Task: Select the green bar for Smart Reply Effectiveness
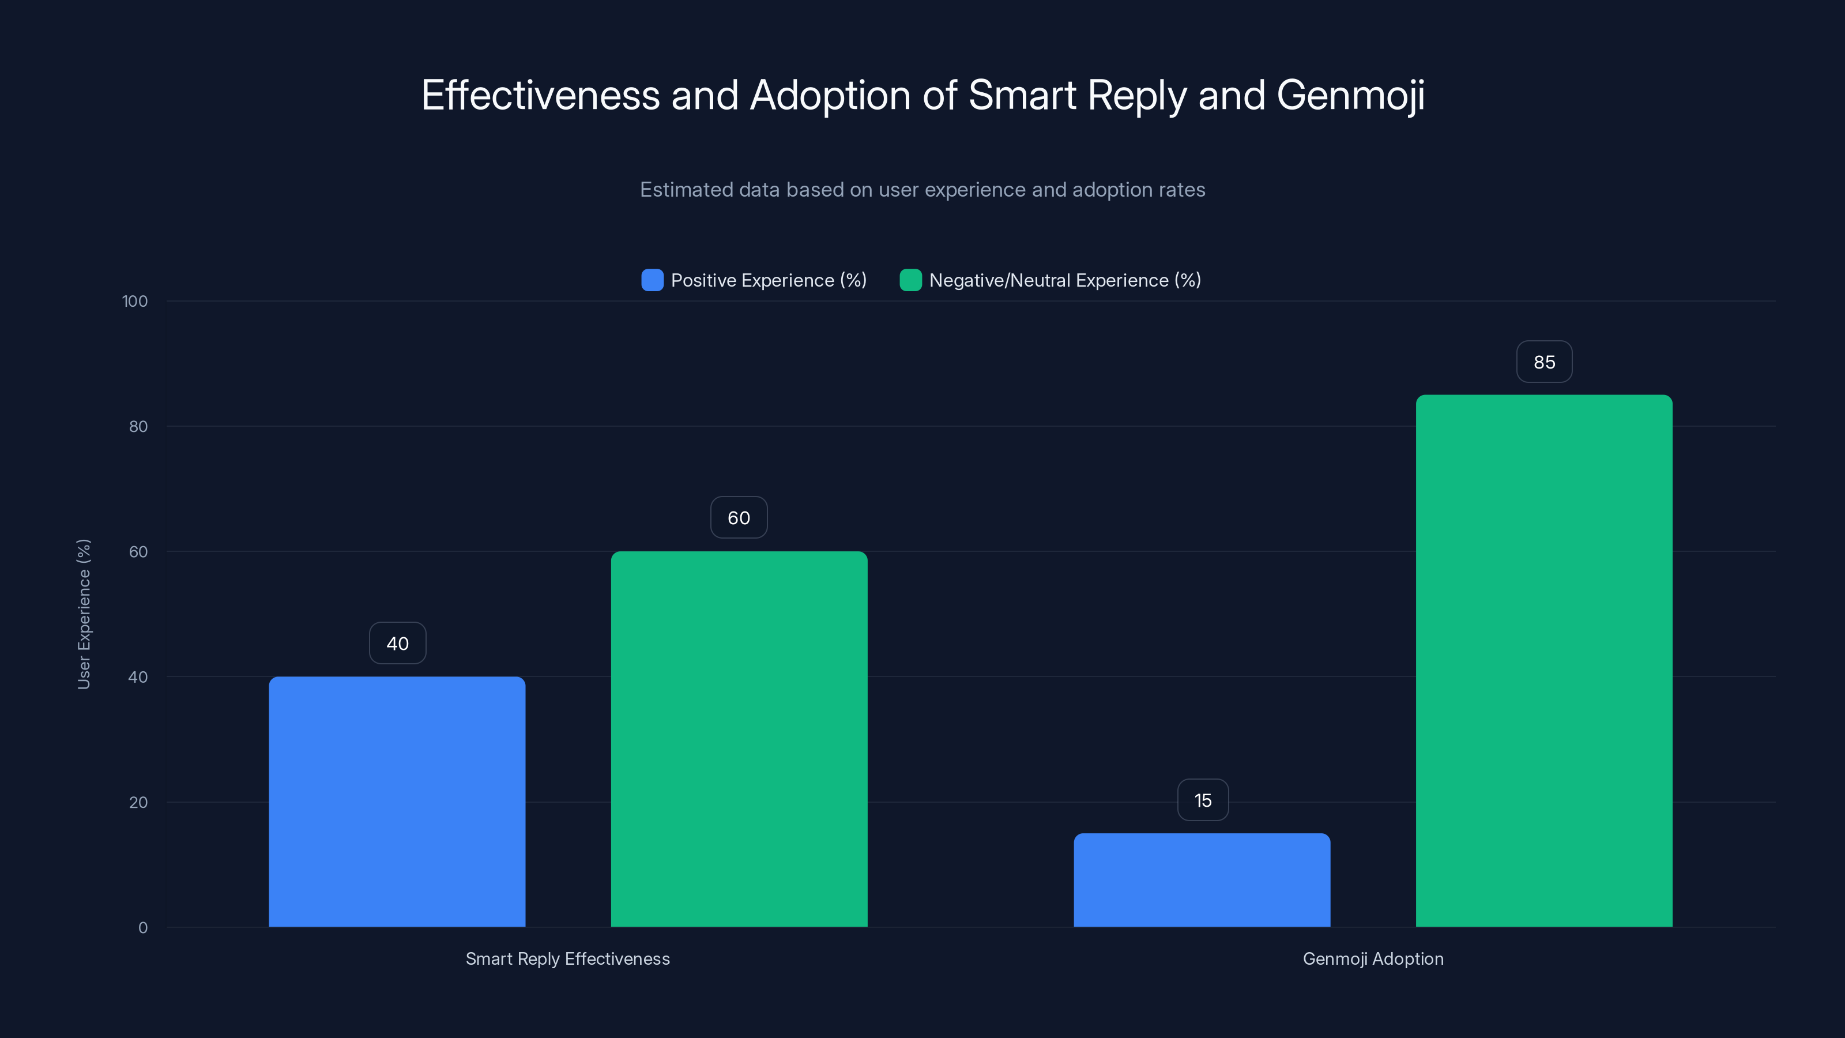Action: click(739, 739)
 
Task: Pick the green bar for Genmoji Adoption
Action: click(1543, 660)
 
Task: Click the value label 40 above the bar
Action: click(397, 644)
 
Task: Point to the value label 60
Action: click(739, 518)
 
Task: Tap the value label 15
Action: click(1203, 800)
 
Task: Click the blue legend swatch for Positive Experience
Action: click(652, 280)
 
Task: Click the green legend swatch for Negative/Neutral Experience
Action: click(910, 280)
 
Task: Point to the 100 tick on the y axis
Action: click(135, 301)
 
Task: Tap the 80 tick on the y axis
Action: click(138, 426)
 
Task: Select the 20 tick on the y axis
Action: click(138, 802)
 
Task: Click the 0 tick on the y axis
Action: click(142, 928)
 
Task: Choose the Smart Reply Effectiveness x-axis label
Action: click(567, 958)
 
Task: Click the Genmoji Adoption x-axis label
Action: click(1372, 958)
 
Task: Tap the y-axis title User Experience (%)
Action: click(84, 614)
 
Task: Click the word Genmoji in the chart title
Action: click(1350, 95)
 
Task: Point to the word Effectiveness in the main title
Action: click(540, 95)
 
